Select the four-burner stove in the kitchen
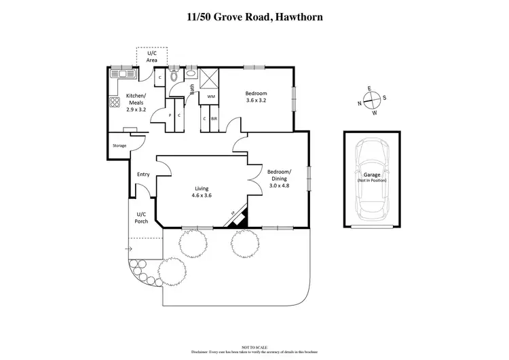pos(114,103)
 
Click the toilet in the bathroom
pos(174,76)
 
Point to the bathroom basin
pos(191,73)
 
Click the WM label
pos(210,97)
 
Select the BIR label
pos(214,119)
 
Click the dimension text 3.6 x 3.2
pos(256,101)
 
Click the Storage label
pos(120,145)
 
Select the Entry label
pos(143,175)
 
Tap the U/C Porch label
pos(141,217)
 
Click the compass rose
pos(371,101)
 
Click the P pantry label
pos(170,115)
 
